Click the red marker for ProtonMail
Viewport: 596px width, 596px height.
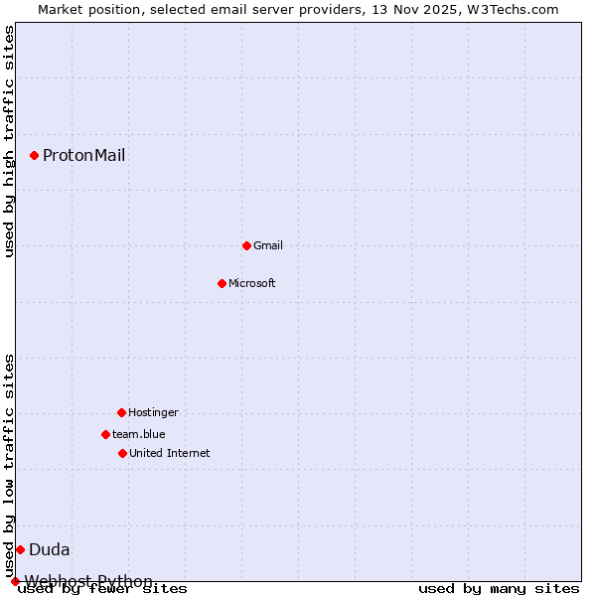tap(34, 155)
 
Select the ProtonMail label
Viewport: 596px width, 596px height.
tap(83, 155)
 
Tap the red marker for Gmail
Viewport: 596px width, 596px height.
tap(246, 245)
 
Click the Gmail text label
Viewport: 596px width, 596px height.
tap(268, 245)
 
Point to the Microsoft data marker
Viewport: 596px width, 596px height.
tap(222, 283)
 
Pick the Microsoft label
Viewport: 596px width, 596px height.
tap(252, 283)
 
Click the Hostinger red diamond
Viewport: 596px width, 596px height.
tap(121, 412)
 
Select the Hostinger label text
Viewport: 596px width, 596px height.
tap(153, 412)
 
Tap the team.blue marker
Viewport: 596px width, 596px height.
tap(105, 434)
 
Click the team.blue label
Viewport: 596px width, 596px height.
tap(139, 434)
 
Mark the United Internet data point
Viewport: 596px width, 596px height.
tap(122, 453)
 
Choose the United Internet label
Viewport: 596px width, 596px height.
tap(170, 453)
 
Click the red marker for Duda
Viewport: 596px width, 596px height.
tap(20, 549)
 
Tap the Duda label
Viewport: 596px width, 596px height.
tap(50, 549)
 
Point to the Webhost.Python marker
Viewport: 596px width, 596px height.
tap(15, 581)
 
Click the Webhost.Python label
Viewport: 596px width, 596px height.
tap(88, 581)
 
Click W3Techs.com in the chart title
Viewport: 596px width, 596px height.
tap(513, 9)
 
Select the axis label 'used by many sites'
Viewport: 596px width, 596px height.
tap(499, 589)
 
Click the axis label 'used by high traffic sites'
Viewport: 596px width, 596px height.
tap(10, 141)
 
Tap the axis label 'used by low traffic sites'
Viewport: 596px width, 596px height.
tap(10, 465)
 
